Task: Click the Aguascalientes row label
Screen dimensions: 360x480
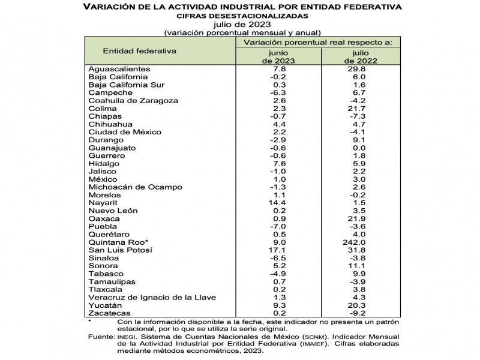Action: click(x=119, y=69)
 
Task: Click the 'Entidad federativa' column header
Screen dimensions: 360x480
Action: click(x=140, y=51)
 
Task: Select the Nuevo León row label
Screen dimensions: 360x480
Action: click(x=113, y=211)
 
